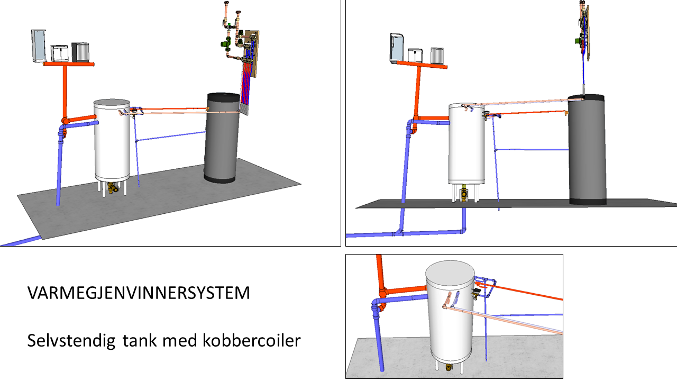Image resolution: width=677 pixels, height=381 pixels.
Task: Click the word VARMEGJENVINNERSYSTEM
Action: click(139, 293)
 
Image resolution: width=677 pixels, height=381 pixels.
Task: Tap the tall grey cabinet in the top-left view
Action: click(39, 46)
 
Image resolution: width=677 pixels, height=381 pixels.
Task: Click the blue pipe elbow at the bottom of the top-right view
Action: click(463, 230)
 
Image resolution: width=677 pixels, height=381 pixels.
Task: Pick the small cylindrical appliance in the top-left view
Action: click(81, 52)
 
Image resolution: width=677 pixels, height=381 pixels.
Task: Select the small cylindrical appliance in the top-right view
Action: click(436, 56)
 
